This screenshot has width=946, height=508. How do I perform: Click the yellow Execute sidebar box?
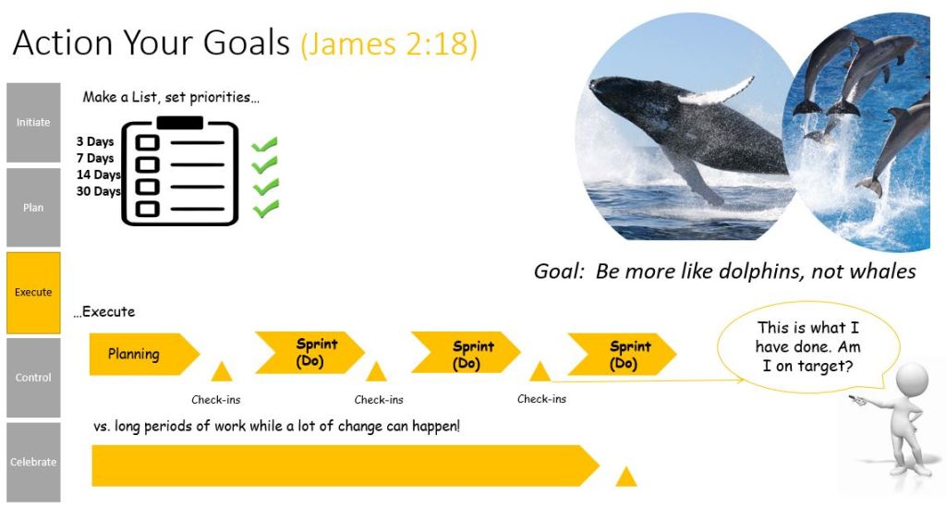[x=33, y=293]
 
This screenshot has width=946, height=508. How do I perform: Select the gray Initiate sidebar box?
[x=33, y=123]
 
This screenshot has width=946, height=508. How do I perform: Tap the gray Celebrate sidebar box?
[x=33, y=462]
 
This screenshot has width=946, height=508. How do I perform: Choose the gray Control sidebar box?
[x=33, y=378]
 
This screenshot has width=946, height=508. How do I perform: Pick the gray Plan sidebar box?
[x=33, y=208]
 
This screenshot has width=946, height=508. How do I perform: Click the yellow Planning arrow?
[x=143, y=354]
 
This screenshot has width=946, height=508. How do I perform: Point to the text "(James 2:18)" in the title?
[x=389, y=44]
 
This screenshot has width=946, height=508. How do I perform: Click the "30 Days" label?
[x=98, y=191]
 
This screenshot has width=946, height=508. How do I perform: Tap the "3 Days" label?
[x=95, y=141]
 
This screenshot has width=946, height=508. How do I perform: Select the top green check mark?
[x=264, y=145]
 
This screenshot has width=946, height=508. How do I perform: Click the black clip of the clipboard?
[x=180, y=123]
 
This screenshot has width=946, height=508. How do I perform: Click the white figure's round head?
[x=912, y=379]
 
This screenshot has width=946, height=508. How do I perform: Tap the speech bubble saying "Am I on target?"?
[x=807, y=347]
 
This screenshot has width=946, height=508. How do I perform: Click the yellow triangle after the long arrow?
[x=626, y=477]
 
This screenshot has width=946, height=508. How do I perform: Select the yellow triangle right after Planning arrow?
[x=222, y=371]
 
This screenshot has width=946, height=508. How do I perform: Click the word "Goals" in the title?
[x=246, y=42]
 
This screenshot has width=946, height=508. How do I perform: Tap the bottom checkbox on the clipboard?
[x=147, y=209]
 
